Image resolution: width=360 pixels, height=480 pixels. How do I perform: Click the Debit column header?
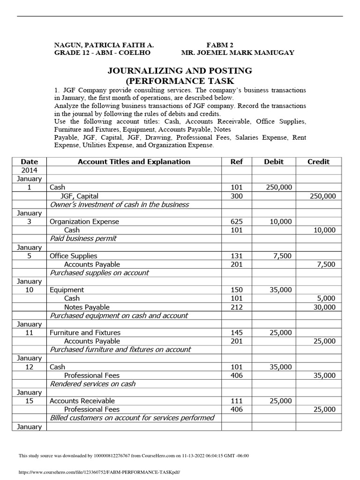(x=274, y=162)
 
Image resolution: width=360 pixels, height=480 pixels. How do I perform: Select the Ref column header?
(x=237, y=162)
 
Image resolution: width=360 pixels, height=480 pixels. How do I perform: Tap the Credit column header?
(x=318, y=162)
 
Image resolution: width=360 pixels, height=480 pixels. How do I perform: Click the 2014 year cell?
(x=29, y=170)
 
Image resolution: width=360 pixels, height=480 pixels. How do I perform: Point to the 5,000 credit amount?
(x=326, y=298)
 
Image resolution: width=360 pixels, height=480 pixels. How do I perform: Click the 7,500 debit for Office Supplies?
(x=283, y=256)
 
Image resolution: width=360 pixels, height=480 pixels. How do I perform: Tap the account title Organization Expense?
(x=84, y=222)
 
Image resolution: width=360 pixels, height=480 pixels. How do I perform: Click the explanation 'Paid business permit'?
(x=83, y=239)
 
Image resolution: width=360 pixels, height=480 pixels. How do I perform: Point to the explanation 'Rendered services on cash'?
(x=92, y=384)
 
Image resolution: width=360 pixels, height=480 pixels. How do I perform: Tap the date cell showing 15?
(x=29, y=401)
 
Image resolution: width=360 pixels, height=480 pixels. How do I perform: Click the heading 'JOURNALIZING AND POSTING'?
(x=180, y=71)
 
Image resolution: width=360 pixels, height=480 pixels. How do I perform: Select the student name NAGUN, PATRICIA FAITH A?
(x=104, y=45)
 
